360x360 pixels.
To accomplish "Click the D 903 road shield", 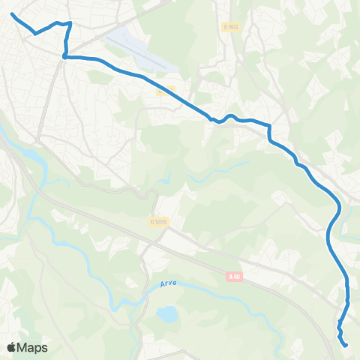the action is tap(231, 27).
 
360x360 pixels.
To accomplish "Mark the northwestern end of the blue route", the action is tap(13, 14).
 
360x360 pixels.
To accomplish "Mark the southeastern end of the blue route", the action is tap(346, 345).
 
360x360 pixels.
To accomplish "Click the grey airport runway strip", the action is tap(142, 49).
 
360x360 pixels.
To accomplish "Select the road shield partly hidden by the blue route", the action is tap(166, 91).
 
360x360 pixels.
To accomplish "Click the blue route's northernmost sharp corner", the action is tap(70, 23).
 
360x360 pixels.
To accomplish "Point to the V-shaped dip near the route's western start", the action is tap(35, 33).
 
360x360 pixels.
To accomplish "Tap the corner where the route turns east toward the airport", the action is tap(65, 55).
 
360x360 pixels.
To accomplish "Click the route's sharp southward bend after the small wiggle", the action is tap(268, 126).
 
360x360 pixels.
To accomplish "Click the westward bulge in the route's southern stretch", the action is tap(328, 238).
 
